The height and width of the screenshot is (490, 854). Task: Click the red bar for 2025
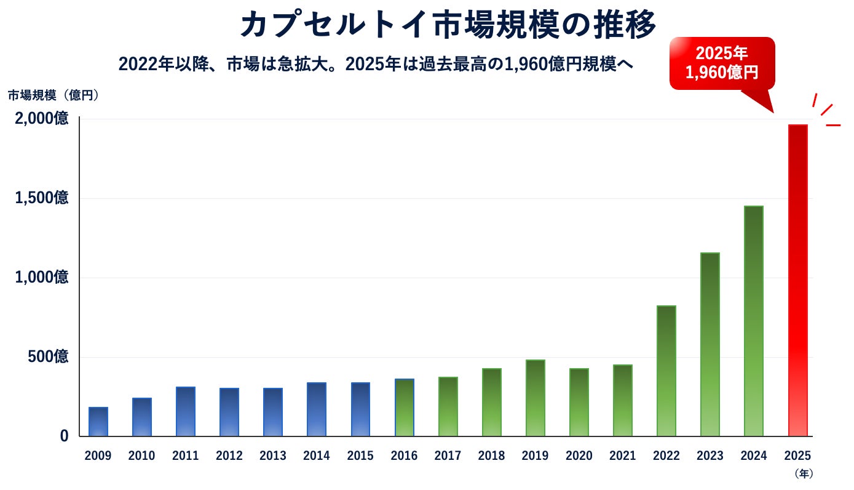click(x=798, y=281)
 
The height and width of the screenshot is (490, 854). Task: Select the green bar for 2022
click(x=666, y=371)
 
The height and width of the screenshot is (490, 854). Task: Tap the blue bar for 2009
click(x=98, y=422)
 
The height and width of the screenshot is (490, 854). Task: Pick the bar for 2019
click(x=536, y=398)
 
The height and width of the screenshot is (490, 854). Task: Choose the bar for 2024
click(x=754, y=321)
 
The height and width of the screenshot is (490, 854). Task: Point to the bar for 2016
click(x=405, y=408)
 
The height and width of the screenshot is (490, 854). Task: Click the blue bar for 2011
click(x=186, y=412)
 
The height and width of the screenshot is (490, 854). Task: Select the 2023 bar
click(x=710, y=345)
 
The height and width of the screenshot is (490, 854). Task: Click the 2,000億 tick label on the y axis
click(x=42, y=118)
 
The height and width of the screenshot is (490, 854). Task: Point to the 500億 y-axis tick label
click(x=48, y=356)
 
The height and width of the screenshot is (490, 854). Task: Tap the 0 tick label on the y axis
click(x=64, y=436)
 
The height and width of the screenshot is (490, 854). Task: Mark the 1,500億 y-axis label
click(x=42, y=198)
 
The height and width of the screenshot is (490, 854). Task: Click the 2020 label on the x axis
click(x=579, y=456)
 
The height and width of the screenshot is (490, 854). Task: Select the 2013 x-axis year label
click(x=273, y=456)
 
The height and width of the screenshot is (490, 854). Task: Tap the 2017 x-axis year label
click(x=448, y=456)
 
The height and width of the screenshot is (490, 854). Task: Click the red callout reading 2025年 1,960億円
click(x=722, y=63)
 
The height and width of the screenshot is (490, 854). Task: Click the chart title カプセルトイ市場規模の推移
click(x=448, y=25)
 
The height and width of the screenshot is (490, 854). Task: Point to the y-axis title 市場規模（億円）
click(x=53, y=95)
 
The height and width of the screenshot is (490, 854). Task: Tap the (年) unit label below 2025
click(x=804, y=473)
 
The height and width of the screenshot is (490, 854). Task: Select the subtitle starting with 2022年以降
click(x=376, y=64)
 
